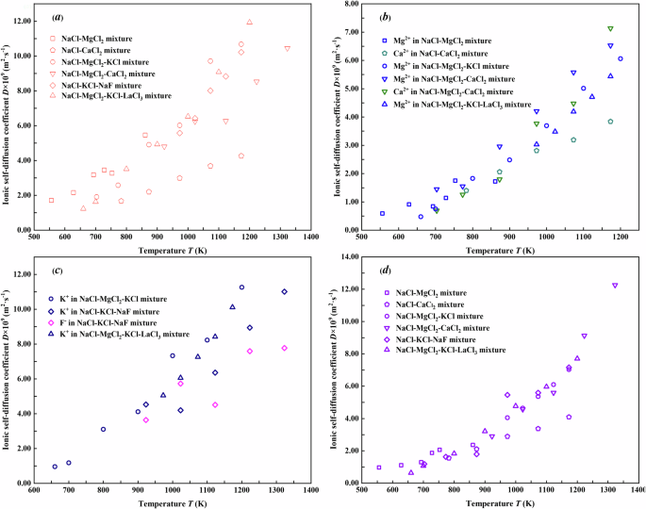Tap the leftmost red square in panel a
coord(51,200)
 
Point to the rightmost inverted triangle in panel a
coord(287,48)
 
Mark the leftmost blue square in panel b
coord(382,213)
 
